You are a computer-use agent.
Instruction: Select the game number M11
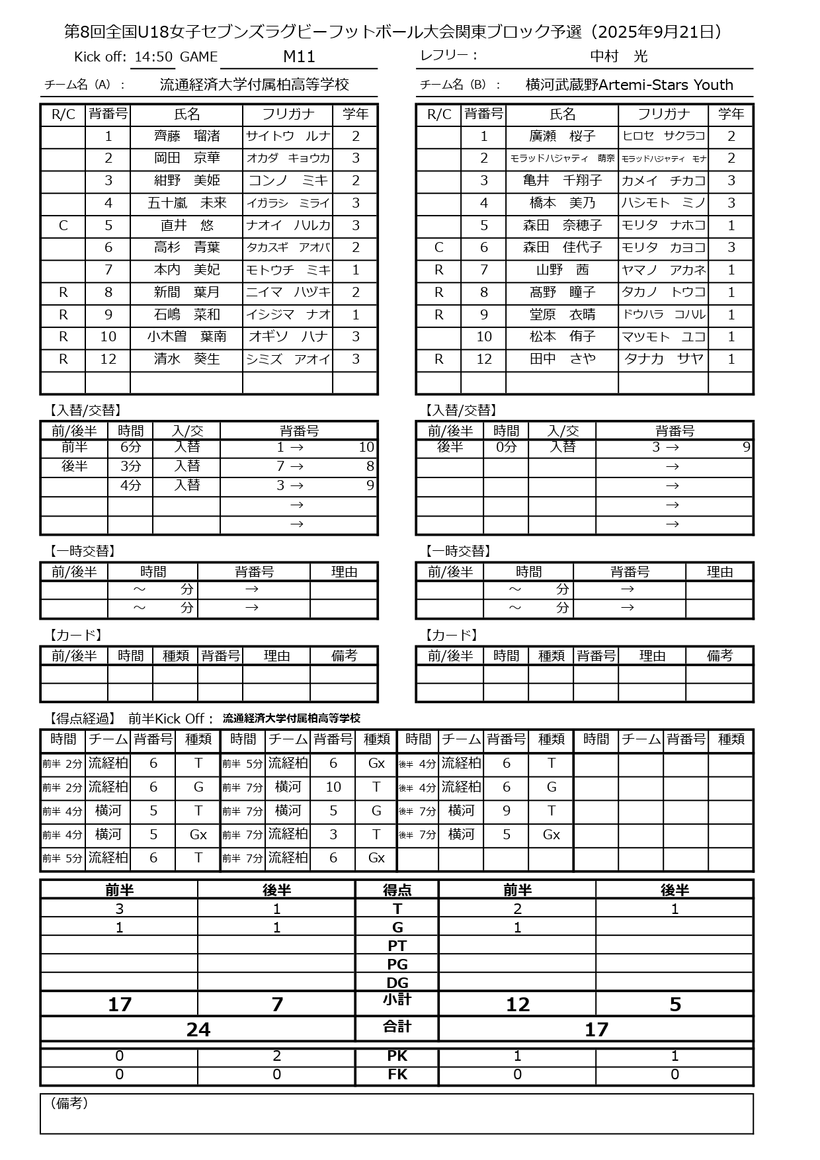(299, 57)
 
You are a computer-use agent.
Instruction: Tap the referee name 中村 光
(618, 57)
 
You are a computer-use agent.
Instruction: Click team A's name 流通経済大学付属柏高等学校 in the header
(254, 85)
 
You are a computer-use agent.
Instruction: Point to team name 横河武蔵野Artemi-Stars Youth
(629, 85)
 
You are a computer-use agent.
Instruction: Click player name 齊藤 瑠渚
(186, 136)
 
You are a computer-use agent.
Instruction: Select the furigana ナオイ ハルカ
(288, 226)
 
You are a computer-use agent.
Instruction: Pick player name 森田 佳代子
(562, 247)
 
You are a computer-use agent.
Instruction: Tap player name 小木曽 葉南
(186, 337)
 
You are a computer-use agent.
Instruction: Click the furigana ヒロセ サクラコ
(663, 136)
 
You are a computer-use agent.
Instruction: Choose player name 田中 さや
(562, 359)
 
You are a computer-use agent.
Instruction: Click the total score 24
(198, 1029)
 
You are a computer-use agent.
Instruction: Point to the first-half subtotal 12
(517, 1005)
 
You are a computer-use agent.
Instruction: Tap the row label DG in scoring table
(397, 983)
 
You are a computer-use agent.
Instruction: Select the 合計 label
(397, 1026)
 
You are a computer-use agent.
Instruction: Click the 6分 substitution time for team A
(130, 447)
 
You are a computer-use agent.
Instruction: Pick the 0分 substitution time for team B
(506, 447)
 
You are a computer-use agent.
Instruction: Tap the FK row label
(397, 1075)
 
